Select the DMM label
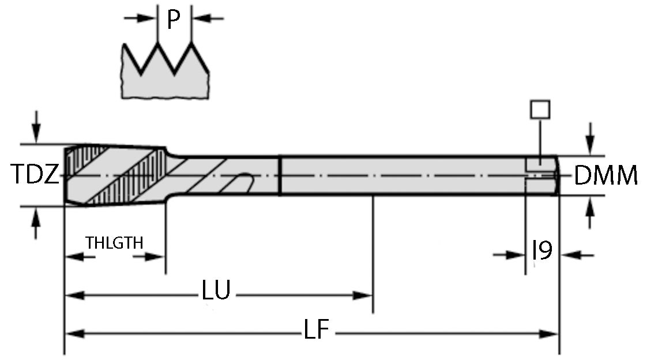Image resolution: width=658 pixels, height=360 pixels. [606, 175]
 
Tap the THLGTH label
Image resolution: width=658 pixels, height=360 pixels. [114, 242]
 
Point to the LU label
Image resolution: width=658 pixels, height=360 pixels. [216, 291]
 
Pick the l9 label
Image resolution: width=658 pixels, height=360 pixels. [542, 251]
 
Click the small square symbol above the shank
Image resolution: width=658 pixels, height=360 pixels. [540, 109]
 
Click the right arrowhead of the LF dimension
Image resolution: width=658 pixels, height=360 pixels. [550, 333]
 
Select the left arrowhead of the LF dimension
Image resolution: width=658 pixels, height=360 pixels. [73, 333]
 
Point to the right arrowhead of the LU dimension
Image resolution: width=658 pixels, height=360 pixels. [363, 295]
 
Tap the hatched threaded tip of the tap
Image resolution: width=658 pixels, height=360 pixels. [115, 174]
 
